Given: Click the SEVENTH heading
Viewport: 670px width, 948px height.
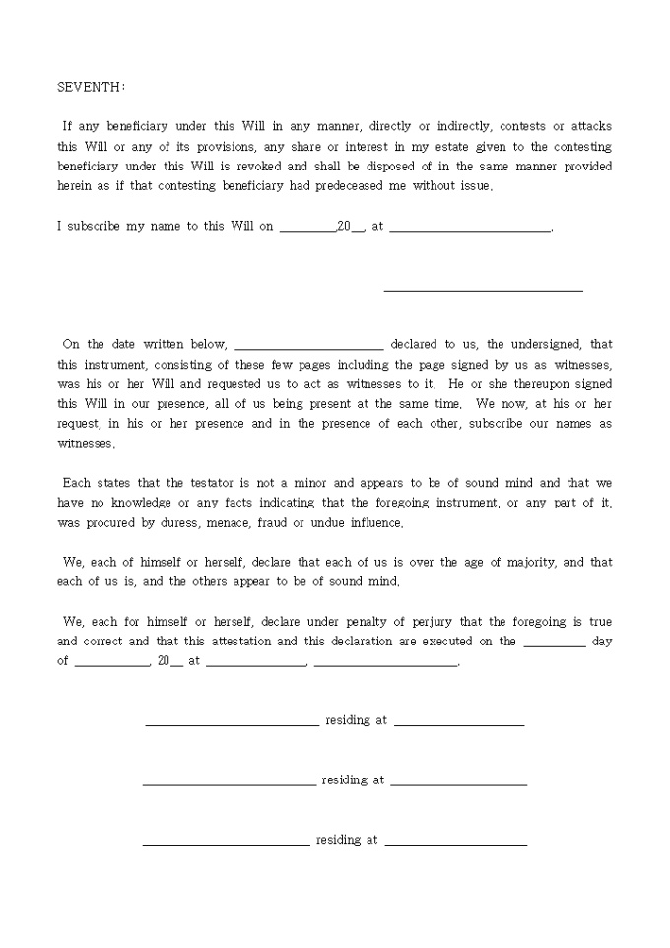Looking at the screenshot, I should coord(91,87).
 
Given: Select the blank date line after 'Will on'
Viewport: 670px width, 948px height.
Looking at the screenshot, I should coord(307,230).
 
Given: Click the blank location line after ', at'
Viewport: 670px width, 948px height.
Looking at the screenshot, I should coord(470,230).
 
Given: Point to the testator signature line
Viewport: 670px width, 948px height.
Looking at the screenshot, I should coord(483,290).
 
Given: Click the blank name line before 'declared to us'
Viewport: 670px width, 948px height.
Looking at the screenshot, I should coord(309,348).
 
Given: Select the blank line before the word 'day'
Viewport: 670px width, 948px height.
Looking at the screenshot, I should coord(555,644).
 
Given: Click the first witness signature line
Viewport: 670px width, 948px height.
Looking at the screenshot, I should coord(232,724).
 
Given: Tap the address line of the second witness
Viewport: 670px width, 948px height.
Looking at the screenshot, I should coord(458,783).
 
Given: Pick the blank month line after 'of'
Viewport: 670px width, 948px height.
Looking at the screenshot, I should coord(111,665).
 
